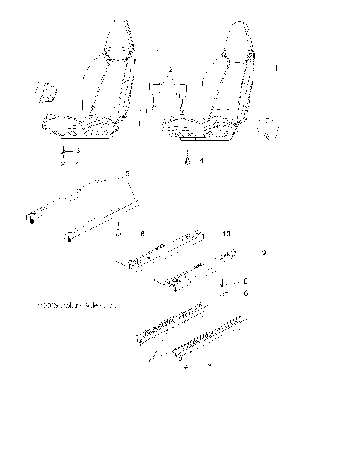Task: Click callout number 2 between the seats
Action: coord(171,70)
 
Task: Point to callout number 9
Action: coord(265,254)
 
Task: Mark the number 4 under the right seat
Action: coord(201,161)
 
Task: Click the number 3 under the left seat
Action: coord(77,151)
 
